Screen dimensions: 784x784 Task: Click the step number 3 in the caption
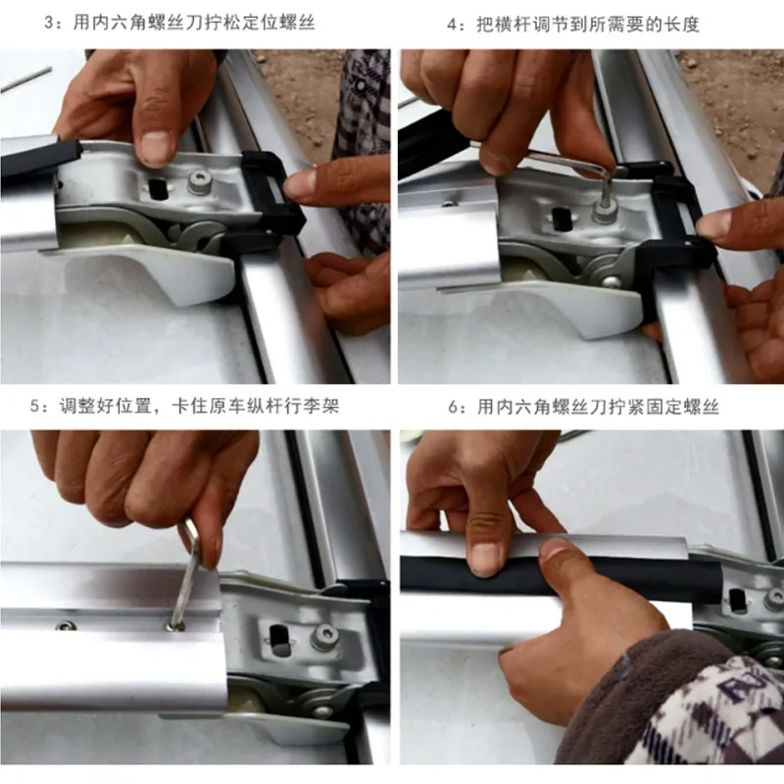click(50, 23)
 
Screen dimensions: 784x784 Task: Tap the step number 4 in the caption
click(452, 24)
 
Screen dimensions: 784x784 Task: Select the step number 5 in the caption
click(34, 406)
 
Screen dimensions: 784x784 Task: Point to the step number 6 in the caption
click(453, 408)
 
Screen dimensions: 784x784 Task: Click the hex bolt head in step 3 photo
click(199, 182)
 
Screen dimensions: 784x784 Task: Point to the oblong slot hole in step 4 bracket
click(560, 219)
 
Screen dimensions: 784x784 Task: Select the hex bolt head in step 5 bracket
click(322, 638)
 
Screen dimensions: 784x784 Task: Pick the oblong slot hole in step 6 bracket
click(737, 601)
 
